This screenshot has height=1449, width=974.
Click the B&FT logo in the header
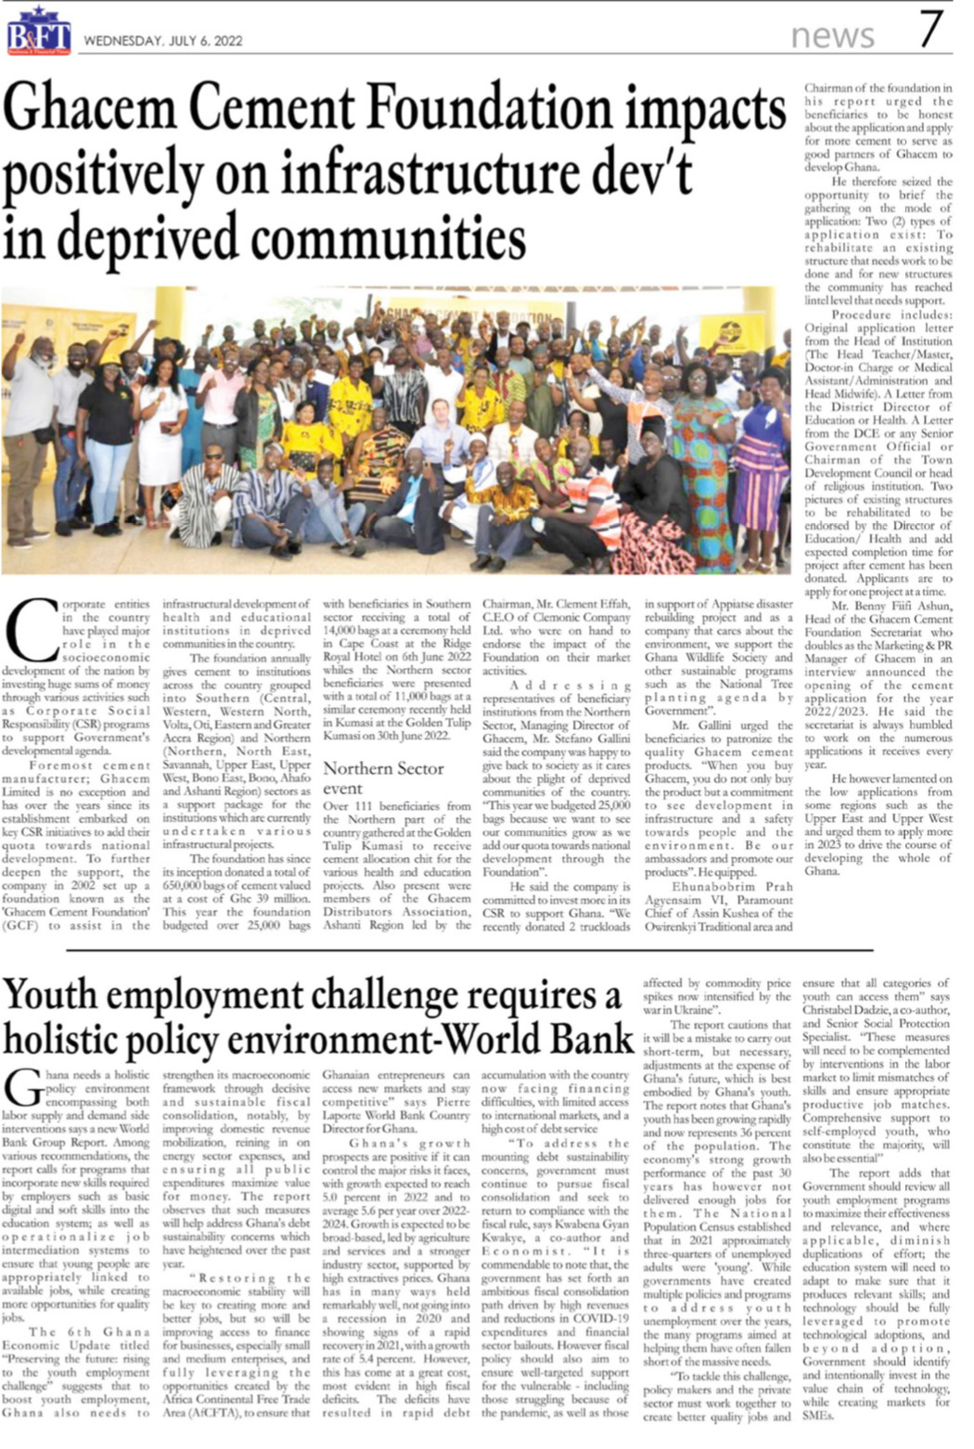39,35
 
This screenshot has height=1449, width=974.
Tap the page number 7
931,31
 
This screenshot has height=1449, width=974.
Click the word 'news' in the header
832,35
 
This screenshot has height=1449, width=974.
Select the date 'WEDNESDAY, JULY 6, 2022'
163,41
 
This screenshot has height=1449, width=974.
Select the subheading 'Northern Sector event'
383,778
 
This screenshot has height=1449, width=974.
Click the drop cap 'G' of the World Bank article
23,1084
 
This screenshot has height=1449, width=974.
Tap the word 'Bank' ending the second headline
591,1037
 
